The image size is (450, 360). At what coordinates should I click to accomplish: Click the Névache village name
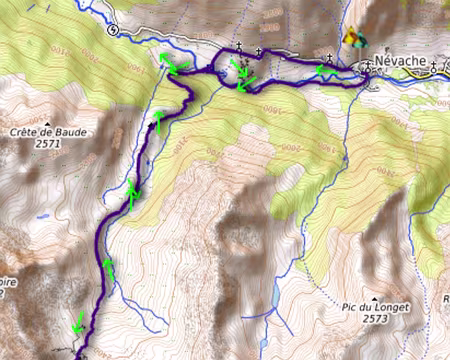(400, 61)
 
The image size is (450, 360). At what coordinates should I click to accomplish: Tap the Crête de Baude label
(43, 131)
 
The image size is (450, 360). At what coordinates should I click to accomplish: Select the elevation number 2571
(44, 143)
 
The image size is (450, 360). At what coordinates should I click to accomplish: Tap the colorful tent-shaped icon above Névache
(352, 39)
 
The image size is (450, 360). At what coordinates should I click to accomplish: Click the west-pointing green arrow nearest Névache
(322, 69)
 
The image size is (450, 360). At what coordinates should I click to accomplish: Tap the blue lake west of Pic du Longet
(276, 296)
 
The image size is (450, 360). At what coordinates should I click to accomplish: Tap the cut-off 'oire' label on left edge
(8, 282)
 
